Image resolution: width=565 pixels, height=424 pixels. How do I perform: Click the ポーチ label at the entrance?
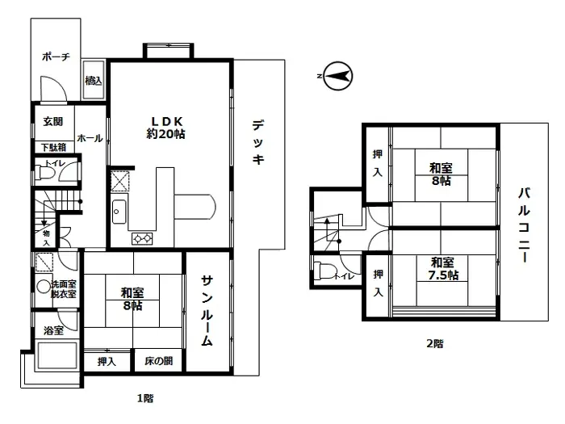[56, 57]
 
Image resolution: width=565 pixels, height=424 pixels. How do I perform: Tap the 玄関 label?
[53, 122]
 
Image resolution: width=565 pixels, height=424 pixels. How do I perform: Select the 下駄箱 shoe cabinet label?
[53, 148]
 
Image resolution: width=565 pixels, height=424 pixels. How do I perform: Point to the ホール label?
[90, 138]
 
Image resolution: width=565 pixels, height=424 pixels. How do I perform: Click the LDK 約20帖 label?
[165, 128]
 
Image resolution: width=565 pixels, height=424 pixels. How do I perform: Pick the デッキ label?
[257, 143]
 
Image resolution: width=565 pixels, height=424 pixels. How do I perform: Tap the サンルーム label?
[207, 310]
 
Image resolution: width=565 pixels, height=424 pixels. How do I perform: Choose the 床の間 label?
[159, 361]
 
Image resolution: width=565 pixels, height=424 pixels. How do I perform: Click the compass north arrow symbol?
[335, 77]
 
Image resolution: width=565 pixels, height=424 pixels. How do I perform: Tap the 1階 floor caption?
[145, 398]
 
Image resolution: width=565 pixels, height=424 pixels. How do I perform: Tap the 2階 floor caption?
[434, 343]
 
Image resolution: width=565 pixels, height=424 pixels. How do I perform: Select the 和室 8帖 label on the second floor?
[440, 174]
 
